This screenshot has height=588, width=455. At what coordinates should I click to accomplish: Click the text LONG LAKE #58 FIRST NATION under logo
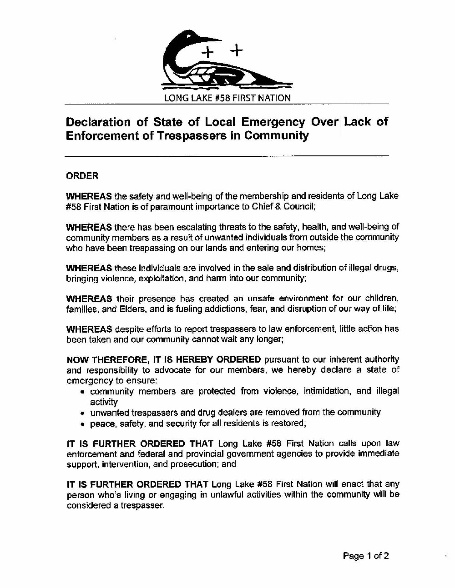(x=227, y=98)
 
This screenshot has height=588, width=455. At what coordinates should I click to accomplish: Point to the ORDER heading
(x=82, y=176)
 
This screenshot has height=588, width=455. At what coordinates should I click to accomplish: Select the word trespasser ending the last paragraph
(x=141, y=506)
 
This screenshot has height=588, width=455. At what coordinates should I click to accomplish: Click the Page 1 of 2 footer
(x=365, y=555)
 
